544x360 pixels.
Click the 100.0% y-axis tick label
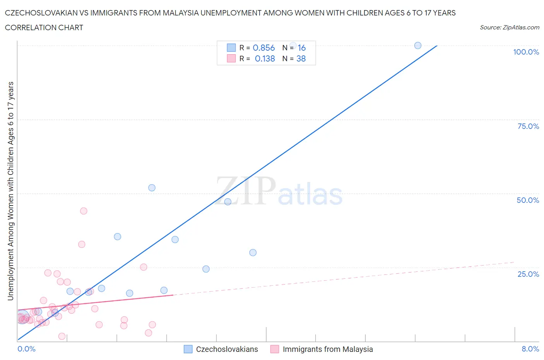[526, 52]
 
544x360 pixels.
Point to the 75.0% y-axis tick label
[528, 126]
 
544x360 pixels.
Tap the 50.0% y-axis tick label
[528, 200]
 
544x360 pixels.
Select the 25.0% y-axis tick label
[528, 274]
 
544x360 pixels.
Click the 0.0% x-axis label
[26, 349]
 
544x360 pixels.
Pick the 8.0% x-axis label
[530, 349]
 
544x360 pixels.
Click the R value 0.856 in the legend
[263, 48]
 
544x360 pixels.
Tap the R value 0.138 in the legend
[265, 58]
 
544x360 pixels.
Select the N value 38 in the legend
[301, 58]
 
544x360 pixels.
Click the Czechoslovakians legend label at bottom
[227, 349]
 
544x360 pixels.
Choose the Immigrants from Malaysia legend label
[328, 349]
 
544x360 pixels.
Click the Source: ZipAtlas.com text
[509, 27]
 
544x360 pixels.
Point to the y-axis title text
[10, 191]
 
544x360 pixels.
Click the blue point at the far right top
[418, 45]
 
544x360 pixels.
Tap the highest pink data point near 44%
[84, 211]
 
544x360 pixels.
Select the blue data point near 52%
[152, 188]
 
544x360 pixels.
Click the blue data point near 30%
[253, 252]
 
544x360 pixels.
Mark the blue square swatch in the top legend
[231, 48]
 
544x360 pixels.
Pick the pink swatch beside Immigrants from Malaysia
[275, 349]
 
